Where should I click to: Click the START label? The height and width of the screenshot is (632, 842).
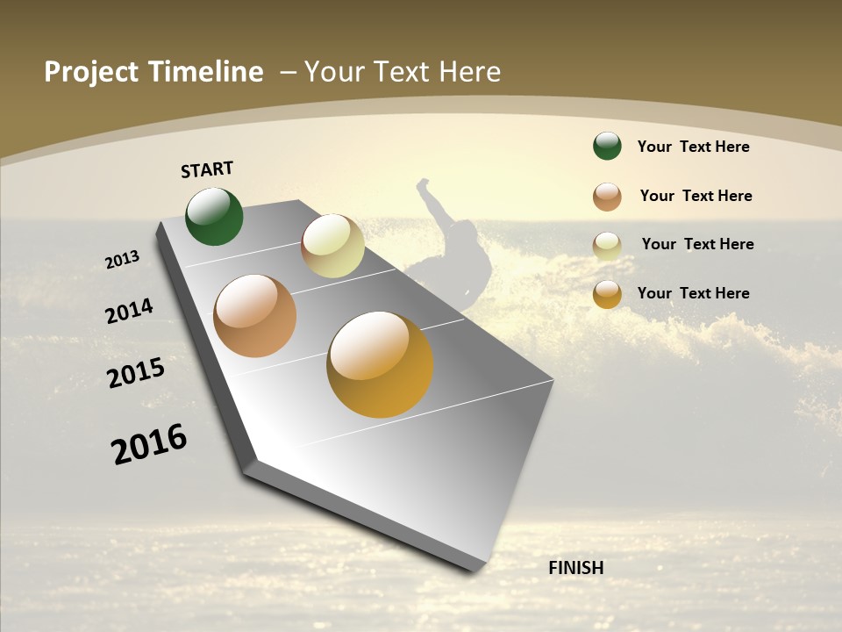click(207, 169)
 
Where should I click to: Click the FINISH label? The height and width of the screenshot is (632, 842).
click(576, 568)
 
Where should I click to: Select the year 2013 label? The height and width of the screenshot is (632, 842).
click(122, 260)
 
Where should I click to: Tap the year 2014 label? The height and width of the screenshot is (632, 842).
click(129, 312)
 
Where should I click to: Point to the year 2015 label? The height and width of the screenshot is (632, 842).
click(136, 372)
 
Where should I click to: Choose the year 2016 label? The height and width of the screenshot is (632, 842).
click(149, 444)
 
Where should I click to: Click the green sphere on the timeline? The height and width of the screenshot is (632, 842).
click(214, 216)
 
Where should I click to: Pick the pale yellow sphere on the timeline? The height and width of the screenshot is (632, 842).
click(332, 246)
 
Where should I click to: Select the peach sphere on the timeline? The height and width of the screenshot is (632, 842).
click(254, 316)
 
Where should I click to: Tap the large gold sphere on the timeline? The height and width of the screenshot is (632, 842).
click(380, 364)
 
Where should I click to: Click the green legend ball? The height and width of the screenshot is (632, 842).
click(607, 146)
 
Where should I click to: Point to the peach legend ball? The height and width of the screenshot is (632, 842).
click(607, 196)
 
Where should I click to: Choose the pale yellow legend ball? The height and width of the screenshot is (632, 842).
click(607, 245)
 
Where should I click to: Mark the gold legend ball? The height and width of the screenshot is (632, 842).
click(607, 294)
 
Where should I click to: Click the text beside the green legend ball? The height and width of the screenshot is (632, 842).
click(693, 147)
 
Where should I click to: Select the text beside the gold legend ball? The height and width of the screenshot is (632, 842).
click(693, 293)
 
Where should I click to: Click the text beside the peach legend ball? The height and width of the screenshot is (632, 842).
click(696, 196)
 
